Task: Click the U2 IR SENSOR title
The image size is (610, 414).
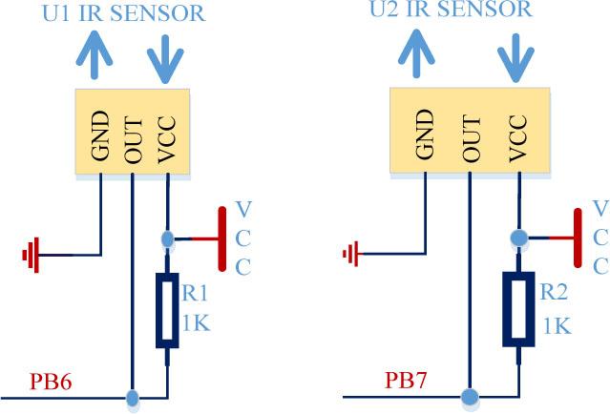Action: [x=450, y=10]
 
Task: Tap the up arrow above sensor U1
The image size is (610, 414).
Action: [x=94, y=55]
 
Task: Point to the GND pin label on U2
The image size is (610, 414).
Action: [x=427, y=135]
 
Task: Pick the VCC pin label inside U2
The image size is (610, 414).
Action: [x=518, y=135]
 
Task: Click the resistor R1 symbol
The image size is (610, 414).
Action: [x=167, y=310]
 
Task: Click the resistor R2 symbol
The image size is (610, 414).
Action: [x=518, y=307]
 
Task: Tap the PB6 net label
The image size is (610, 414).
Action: [x=52, y=383]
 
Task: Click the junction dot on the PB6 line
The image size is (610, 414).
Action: [x=133, y=396]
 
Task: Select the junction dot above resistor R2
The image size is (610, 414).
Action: [x=518, y=237]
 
